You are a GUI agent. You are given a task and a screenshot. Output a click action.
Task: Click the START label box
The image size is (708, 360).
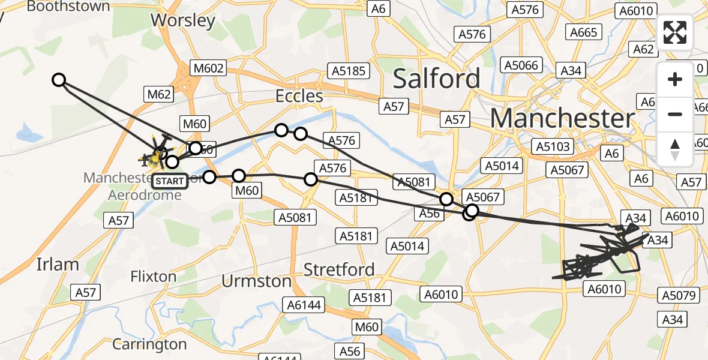170,181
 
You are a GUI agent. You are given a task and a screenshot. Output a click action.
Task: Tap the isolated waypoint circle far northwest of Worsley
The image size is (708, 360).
59,80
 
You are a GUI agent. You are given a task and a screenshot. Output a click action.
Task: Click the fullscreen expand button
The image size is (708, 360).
675,32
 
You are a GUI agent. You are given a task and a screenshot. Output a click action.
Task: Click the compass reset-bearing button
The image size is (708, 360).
675,149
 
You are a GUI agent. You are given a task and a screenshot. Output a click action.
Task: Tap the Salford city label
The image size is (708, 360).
436,79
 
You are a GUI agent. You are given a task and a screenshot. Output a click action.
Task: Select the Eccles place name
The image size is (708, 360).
299,96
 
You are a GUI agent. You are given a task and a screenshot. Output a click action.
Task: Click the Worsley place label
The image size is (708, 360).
183,20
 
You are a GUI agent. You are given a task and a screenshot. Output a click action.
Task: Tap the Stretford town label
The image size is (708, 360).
339,269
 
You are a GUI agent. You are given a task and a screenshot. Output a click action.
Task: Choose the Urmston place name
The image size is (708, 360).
256,281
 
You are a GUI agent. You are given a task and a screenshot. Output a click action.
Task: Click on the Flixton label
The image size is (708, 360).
154,277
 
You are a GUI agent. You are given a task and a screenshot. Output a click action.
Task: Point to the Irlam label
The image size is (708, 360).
58,264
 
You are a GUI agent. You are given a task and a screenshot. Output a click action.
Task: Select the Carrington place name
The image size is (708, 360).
149,344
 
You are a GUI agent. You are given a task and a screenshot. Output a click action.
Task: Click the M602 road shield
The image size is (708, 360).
208,68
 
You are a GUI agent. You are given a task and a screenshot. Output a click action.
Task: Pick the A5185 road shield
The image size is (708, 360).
348,71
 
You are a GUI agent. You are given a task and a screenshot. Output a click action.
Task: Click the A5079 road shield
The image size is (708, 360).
679,295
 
